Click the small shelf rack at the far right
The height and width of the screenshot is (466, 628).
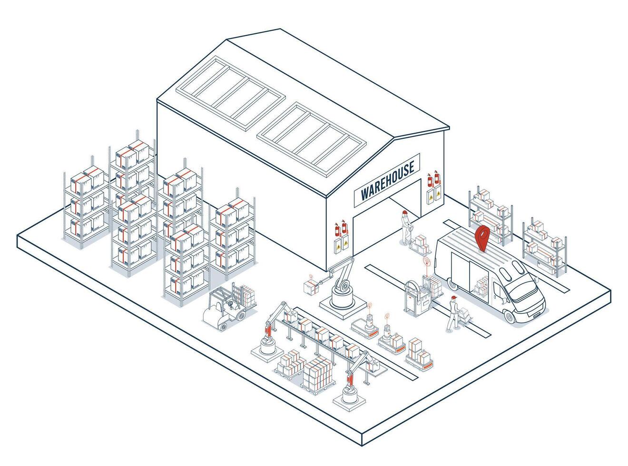(544, 247)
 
